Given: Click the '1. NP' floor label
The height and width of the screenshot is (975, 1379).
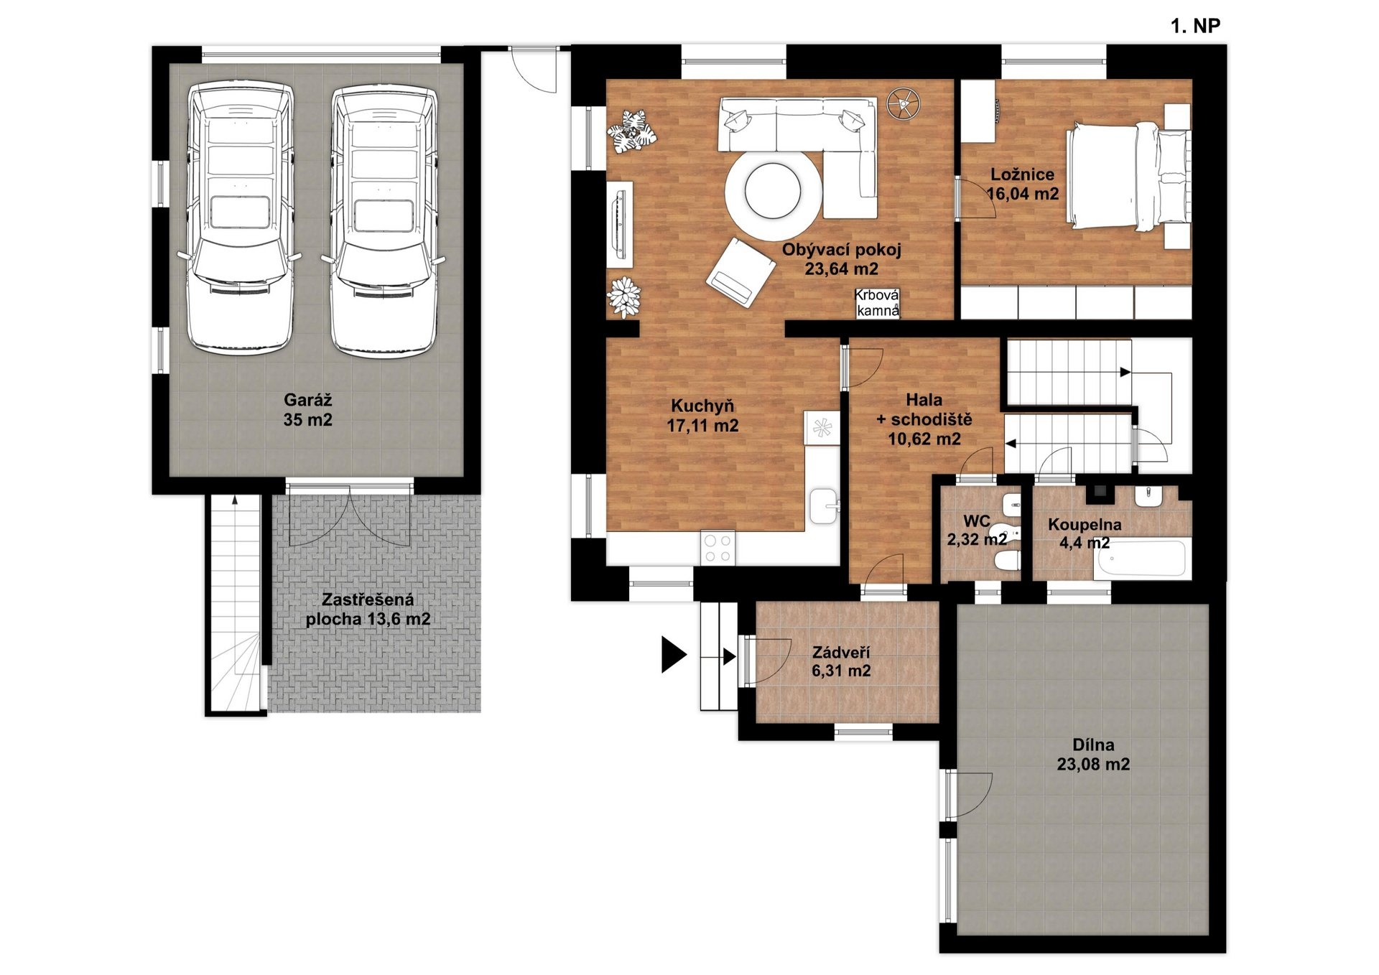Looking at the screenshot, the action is [1195, 27].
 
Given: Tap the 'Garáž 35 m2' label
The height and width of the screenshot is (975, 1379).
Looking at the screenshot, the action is [308, 410].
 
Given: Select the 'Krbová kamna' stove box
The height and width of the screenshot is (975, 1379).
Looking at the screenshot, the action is [877, 303].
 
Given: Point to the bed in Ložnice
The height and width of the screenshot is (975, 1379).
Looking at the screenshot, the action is [1128, 177].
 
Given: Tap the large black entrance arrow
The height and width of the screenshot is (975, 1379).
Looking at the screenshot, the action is [674, 655].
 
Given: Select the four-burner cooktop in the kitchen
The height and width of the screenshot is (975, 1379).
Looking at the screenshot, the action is [718, 547].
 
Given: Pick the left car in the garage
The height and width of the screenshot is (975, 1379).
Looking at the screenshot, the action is [241, 219].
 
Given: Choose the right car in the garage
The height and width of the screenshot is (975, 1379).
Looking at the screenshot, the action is [384, 219].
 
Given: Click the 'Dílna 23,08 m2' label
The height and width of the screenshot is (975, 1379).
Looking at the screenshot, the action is [1093, 755].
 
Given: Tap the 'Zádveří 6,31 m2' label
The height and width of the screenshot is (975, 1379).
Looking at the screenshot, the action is [841, 661].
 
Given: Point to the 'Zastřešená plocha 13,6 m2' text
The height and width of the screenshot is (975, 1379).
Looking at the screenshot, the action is [368, 610].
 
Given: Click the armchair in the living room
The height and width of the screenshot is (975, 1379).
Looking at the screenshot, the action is [740, 272].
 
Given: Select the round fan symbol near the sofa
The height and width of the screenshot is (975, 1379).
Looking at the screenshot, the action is [903, 104].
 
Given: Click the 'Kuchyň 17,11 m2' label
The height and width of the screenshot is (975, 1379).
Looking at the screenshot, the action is [702, 416].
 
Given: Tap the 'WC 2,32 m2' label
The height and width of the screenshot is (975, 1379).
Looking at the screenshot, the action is [977, 530].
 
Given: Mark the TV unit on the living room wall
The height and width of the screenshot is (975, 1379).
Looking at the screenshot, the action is [620, 225].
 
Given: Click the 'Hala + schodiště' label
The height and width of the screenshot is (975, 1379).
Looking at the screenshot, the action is [924, 409].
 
